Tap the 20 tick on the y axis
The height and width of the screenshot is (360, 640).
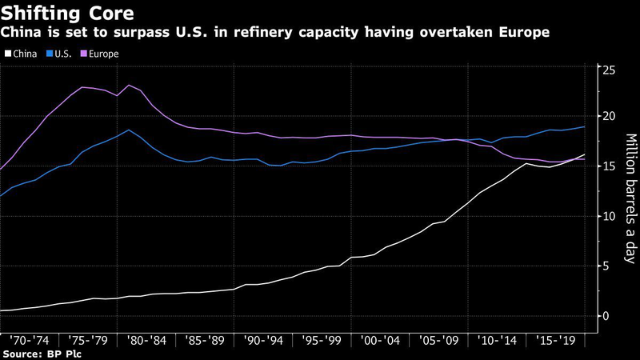609,117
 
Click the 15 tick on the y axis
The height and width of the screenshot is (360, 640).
609,166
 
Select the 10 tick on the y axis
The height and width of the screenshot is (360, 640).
609,216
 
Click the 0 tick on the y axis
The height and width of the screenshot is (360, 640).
606,316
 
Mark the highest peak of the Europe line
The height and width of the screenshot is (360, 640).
129,85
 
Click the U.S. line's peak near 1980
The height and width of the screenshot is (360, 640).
129,130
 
